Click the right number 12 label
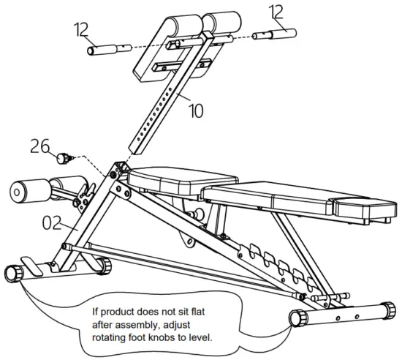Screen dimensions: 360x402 pos(277,12)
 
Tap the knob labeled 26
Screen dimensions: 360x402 pos(64,156)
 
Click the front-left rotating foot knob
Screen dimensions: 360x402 pos(13,273)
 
